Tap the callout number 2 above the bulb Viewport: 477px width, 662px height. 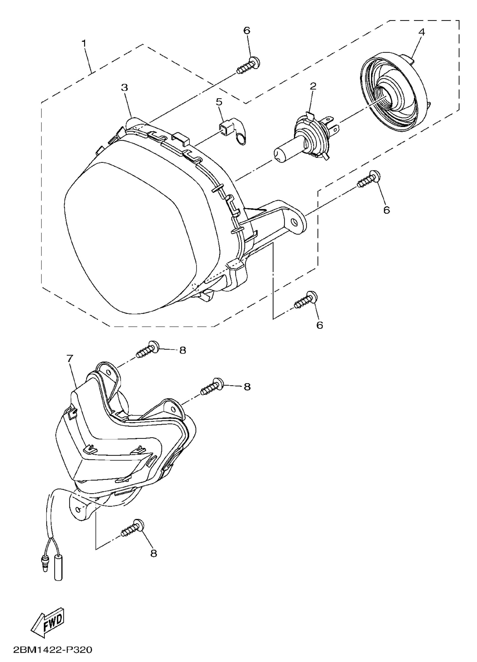tap(313, 86)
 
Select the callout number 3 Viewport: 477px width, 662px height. tap(125, 88)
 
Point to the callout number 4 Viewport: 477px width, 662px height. tap(422, 32)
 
